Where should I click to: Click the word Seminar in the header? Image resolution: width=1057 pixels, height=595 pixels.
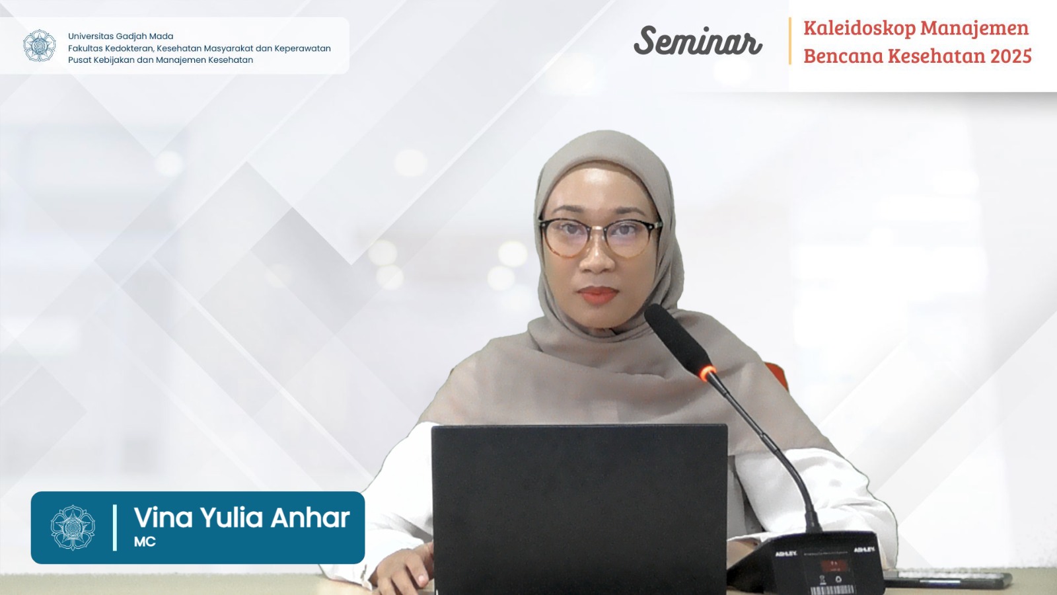click(698, 41)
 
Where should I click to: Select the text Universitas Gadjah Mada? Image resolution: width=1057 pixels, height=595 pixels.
click(120, 36)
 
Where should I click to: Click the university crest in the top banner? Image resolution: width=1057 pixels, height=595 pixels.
click(39, 46)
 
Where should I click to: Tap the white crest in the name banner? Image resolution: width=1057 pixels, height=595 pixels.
click(73, 528)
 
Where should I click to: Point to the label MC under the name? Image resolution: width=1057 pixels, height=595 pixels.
click(145, 541)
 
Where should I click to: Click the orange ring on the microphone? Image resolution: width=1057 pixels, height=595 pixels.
click(708, 373)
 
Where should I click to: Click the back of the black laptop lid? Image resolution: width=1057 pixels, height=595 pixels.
click(579, 509)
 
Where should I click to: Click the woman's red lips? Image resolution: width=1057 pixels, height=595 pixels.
click(597, 295)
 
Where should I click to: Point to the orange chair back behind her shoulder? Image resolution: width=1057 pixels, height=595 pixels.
click(777, 376)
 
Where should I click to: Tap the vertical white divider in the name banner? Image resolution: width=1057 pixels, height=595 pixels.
click(115, 528)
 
